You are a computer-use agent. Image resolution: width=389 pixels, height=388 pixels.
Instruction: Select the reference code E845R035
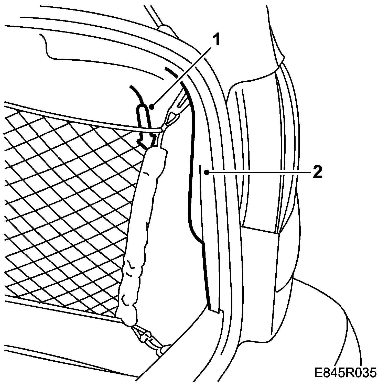346,373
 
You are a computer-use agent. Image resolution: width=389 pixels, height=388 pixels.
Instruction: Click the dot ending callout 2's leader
206,173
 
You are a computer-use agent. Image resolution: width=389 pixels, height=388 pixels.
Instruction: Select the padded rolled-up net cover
143,230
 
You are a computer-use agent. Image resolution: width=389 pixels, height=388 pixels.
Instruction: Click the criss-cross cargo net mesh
64,205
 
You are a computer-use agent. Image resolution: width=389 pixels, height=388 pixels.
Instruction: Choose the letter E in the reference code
319,373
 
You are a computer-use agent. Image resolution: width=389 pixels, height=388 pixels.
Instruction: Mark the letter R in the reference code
346,373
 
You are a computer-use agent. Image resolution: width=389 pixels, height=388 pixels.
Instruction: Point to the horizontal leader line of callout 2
258,173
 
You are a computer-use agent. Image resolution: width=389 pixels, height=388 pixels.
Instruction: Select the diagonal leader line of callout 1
182,74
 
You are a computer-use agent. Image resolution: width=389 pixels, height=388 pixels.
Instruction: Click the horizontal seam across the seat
260,230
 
